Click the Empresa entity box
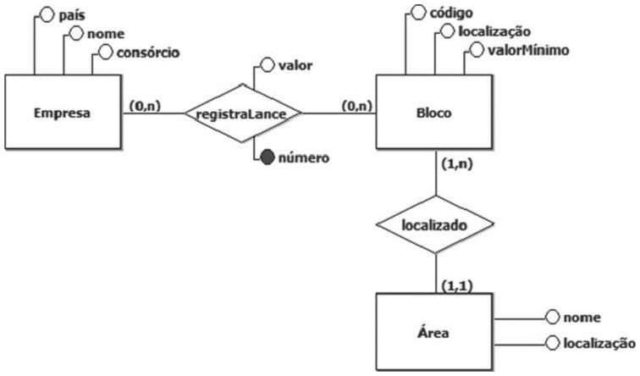click(x=63, y=113)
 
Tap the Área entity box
click(x=433, y=331)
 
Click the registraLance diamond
click(x=244, y=113)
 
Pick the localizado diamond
click(x=435, y=225)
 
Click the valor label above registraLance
click(x=294, y=64)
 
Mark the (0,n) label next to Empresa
click(x=146, y=108)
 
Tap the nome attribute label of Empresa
click(x=103, y=34)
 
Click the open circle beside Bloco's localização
click(x=445, y=32)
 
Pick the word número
click(x=304, y=159)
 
